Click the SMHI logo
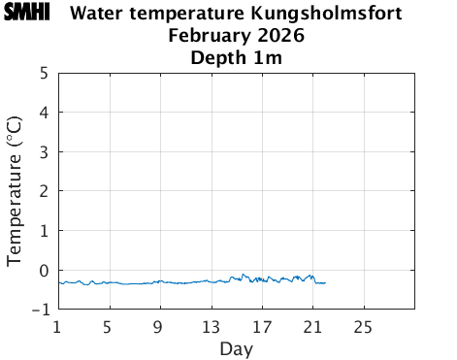tap(26, 14)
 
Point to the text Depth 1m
tap(235, 58)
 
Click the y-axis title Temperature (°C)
tap(15, 191)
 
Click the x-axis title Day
tap(236, 347)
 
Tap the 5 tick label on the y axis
tap(45, 73)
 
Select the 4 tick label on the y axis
tap(45, 113)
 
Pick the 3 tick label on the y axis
tap(45, 152)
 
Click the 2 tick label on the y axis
tap(45, 191)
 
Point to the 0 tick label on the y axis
tap(45, 271)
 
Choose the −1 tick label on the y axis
tap(40, 311)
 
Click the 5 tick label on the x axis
tap(109, 325)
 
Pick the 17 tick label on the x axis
tap(261, 325)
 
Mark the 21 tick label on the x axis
tap(312, 325)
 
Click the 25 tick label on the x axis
tap(363, 325)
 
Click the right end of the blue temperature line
tap(325, 282)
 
